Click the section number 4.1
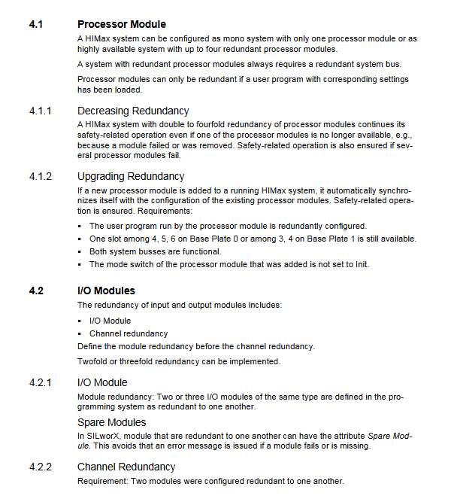pyautogui.click(x=35, y=24)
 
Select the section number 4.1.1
pyautogui.click(x=40, y=111)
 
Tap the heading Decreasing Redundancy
pyautogui.click(x=133, y=111)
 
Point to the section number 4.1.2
pyautogui.click(x=40, y=176)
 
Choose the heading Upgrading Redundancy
pyautogui.click(x=131, y=176)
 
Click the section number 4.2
pyautogui.click(x=35, y=291)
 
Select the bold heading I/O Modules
pyautogui.click(x=106, y=291)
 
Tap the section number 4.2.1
pyautogui.click(x=40, y=382)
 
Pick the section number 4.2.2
pyautogui.click(x=40, y=467)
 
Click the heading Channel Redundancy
pyautogui.click(x=126, y=467)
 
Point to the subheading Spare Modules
pyautogui.click(x=111, y=422)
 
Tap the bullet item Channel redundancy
pyautogui.click(x=129, y=333)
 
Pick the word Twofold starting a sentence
pyautogui.click(x=92, y=361)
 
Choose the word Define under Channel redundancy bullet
pyautogui.click(x=90, y=347)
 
